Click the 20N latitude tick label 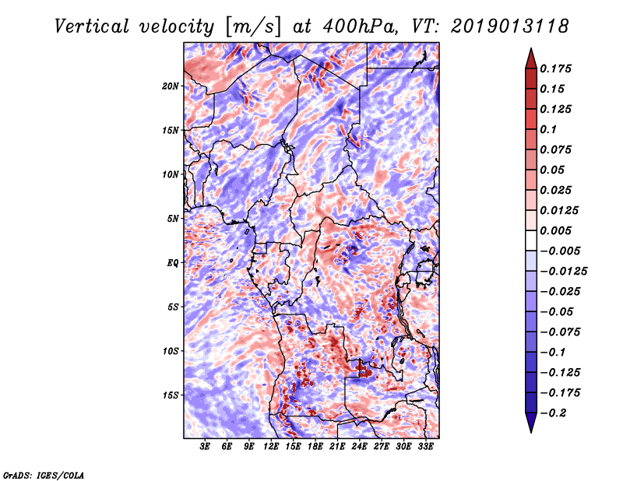(170, 86)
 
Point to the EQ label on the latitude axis (172, 263)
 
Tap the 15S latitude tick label (170, 395)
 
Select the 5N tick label (172, 219)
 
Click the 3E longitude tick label (205, 447)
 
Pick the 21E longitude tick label (337, 447)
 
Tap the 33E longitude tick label (425, 447)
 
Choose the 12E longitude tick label (270, 447)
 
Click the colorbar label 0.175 (555, 68)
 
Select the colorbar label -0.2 (553, 413)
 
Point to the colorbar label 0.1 (548, 129)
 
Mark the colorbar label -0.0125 (563, 272)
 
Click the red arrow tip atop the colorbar (531, 49)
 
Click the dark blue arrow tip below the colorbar (531, 432)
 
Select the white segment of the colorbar (531, 240)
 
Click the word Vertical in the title (92, 26)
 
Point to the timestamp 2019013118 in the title (510, 26)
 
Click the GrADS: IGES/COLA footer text (44, 475)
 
